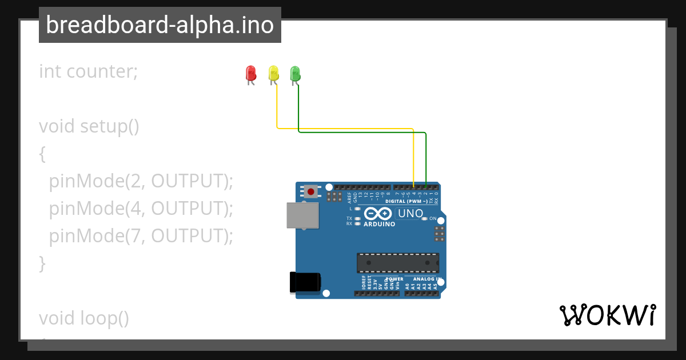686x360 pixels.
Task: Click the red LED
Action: tap(250, 74)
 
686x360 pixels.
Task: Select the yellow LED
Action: tap(273, 74)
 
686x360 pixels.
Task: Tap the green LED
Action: tap(295, 74)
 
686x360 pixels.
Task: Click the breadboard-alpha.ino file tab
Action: tap(160, 25)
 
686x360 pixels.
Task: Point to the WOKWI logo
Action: tap(607, 315)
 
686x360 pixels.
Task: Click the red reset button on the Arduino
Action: tap(311, 191)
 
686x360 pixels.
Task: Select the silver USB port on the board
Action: tap(302, 215)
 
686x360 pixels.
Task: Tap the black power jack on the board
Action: tap(305, 282)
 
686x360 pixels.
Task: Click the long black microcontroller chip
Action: tap(398, 263)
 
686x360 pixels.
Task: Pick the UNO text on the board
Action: tap(410, 214)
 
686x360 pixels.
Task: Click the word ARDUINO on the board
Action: tap(380, 224)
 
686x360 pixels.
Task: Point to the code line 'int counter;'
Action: tap(88, 71)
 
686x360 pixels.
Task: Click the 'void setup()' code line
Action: tap(89, 126)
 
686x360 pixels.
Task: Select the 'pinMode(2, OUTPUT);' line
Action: tap(141, 181)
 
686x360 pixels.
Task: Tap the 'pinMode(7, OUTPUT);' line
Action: tap(141, 235)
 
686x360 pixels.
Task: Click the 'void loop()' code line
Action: tap(84, 318)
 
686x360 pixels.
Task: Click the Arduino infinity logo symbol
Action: tap(378, 214)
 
